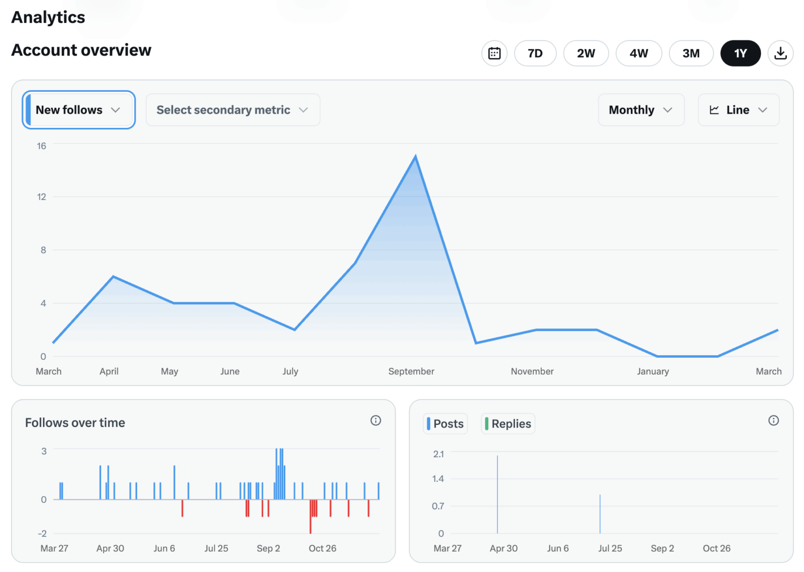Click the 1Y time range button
(740, 53)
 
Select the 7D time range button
(535, 53)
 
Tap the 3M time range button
(691, 53)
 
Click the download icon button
(780, 53)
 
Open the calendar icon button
(494, 53)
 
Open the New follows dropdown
(79, 110)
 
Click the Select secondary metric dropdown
(232, 110)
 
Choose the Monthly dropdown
(641, 110)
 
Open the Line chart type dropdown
(738, 110)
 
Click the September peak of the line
(416, 156)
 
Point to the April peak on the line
(113, 277)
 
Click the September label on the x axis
(411, 371)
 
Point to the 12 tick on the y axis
(41, 197)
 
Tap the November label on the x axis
(532, 371)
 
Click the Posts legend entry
(445, 424)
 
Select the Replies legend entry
(508, 424)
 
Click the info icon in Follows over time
(375, 421)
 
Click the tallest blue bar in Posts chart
(497, 492)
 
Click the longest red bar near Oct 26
(310, 518)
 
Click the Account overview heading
(81, 50)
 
